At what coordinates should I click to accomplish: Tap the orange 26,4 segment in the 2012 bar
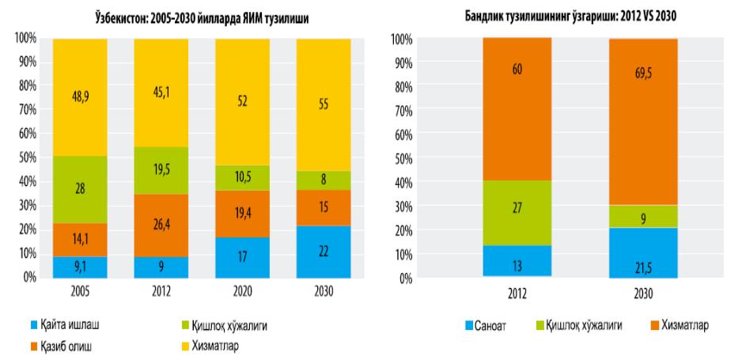161,225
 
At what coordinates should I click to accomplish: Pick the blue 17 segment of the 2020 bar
240,258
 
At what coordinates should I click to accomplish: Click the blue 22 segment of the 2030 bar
322,252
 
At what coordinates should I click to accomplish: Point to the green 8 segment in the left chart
322,180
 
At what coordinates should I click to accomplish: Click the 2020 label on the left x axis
240,290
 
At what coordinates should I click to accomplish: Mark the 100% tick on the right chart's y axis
402,39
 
